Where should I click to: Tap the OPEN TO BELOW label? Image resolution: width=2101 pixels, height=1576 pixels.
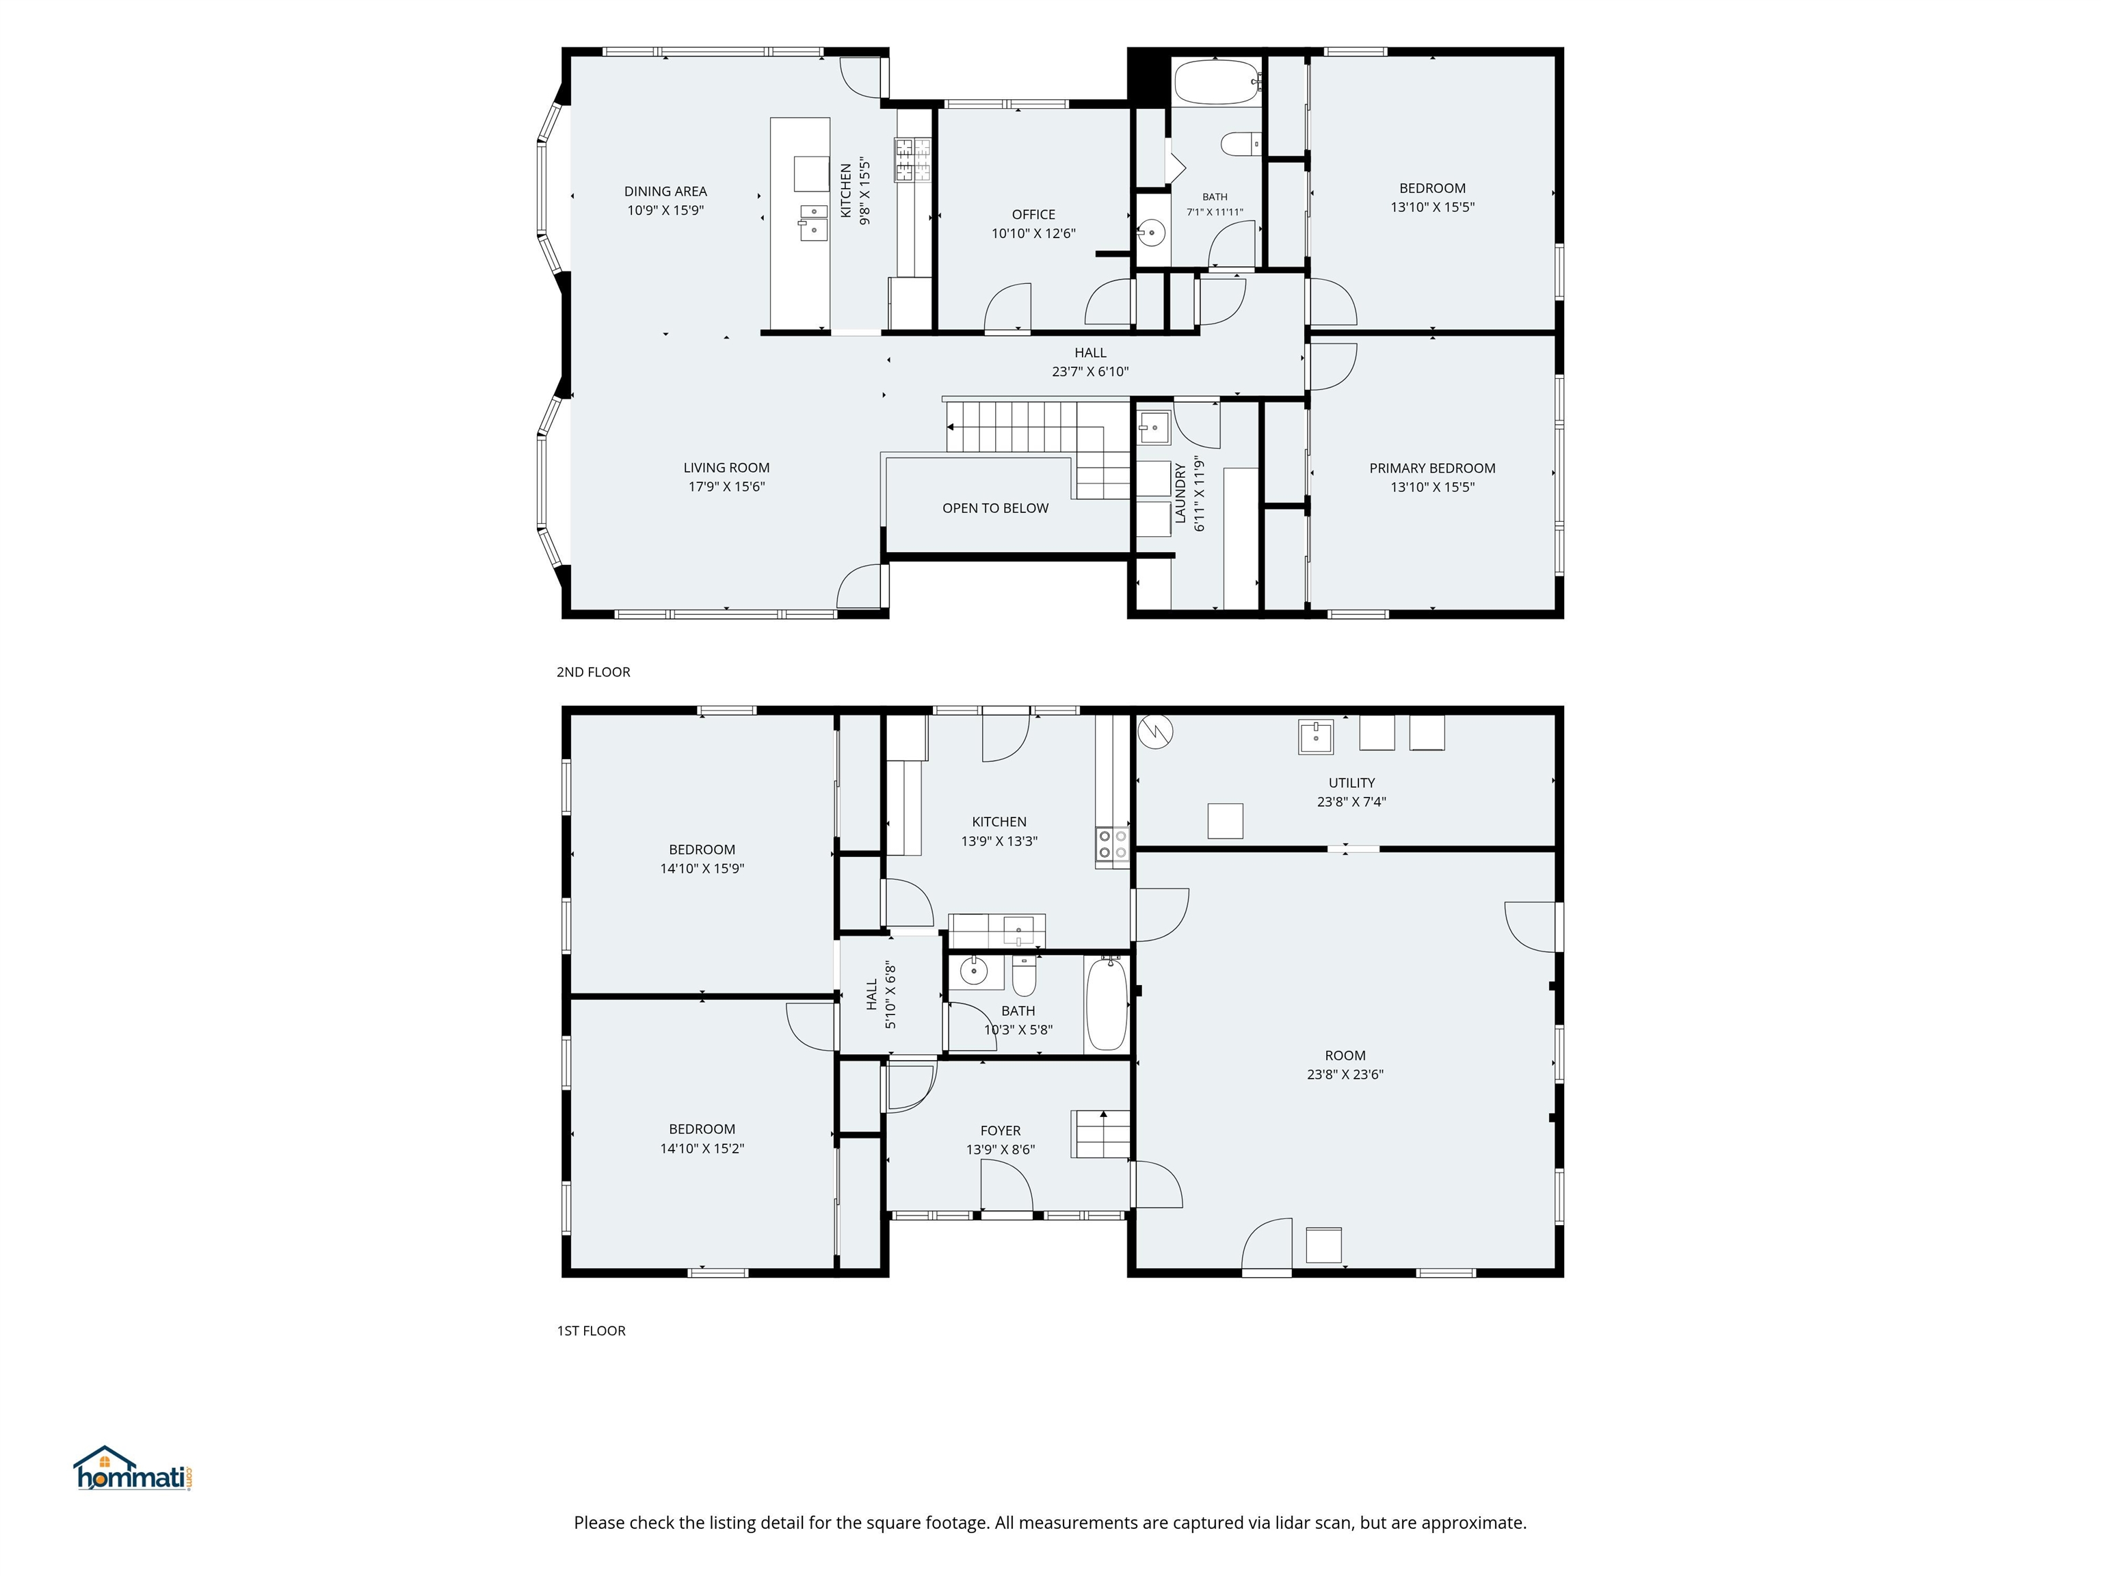pyautogui.click(x=995, y=508)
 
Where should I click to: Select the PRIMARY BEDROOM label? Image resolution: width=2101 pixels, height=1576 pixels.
pyautogui.click(x=1432, y=469)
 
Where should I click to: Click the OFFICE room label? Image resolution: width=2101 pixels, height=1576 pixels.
pyautogui.click(x=1033, y=215)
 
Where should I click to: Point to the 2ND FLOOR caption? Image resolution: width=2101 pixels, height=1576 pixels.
pyautogui.click(x=594, y=672)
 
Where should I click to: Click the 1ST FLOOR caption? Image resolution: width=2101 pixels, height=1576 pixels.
pyautogui.click(x=591, y=1331)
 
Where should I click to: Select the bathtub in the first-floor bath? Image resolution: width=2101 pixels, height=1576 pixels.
pyautogui.click(x=1107, y=1004)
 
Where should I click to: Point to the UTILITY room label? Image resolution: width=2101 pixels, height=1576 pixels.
pyautogui.click(x=1351, y=783)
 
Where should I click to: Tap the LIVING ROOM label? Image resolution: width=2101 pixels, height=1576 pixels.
pyautogui.click(x=726, y=467)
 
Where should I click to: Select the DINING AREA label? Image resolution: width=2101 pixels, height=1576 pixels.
pyautogui.click(x=666, y=191)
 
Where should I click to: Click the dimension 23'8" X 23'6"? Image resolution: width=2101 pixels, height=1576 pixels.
pyautogui.click(x=1345, y=1075)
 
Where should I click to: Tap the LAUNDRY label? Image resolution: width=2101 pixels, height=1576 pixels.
pyautogui.click(x=1180, y=493)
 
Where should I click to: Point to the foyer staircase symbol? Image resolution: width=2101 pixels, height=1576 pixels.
pyautogui.click(x=1101, y=1134)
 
